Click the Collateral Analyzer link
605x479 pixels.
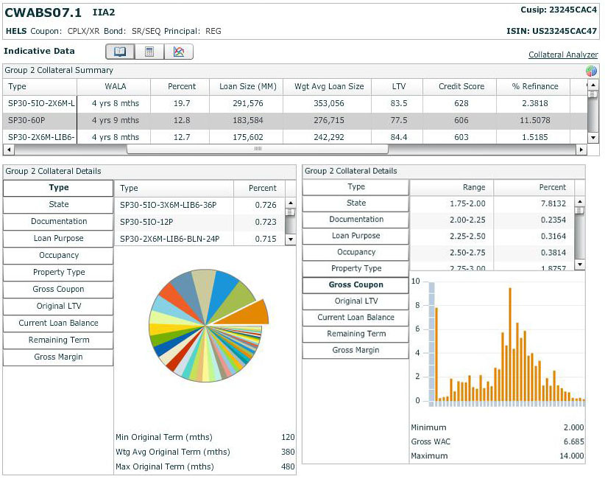coord(563,55)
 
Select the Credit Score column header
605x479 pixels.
coord(461,86)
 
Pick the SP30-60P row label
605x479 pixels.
coord(27,121)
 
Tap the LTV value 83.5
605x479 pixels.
coord(399,104)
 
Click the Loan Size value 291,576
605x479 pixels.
coord(247,104)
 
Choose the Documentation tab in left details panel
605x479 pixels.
coord(59,221)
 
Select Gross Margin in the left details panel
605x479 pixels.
coord(59,357)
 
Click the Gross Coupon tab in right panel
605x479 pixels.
coord(356,285)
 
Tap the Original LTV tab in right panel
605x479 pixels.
coord(356,301)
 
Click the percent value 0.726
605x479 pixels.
coord(265,205)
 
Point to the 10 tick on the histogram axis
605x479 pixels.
coord(416,282)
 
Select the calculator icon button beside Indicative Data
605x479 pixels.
coord(149,52)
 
